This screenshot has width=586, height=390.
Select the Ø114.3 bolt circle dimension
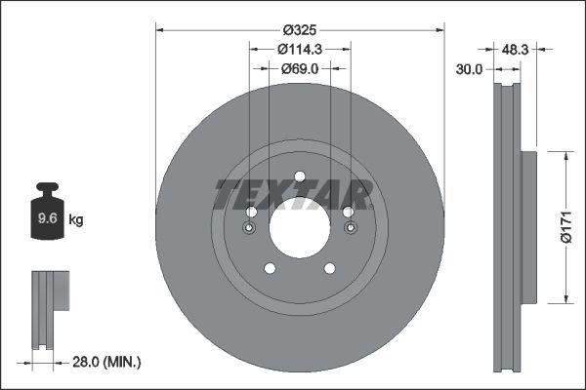[300, 49]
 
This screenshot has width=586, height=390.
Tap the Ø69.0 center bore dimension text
[300, 68]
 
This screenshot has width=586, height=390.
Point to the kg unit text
[76, 220]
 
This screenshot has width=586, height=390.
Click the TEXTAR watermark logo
[293, 194]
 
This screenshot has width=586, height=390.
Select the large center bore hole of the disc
[300, 229]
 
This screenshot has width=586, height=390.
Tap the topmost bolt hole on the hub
[300, 176]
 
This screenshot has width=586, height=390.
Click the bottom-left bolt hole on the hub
[271, 269]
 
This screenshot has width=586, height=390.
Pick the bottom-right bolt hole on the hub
[329, 269]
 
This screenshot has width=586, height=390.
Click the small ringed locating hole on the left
[250, 229]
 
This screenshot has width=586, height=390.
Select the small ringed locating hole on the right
[350, 229]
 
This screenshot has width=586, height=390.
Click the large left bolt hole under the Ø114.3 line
[251, 213]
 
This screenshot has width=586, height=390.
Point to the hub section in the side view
[529, 226]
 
